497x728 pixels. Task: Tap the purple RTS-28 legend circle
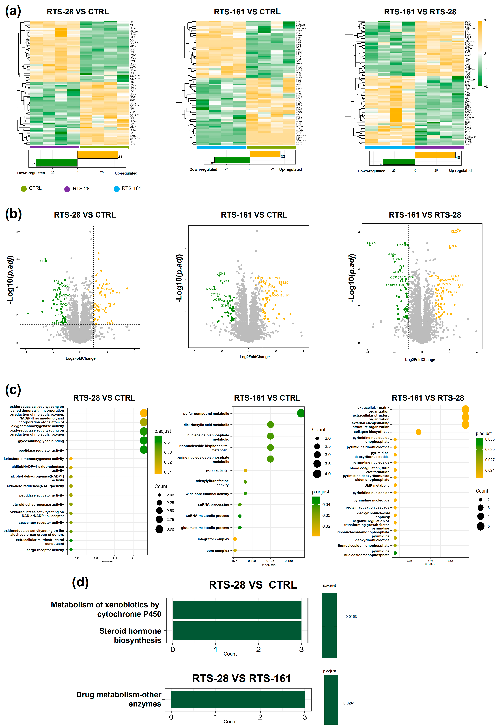(x=67, y=189)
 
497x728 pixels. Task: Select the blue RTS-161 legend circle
(x=116, y=189)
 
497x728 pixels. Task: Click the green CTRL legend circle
(x=24, y=189)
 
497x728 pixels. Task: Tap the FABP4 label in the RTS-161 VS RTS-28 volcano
(x=372, y=243)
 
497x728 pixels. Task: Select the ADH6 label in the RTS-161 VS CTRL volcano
(x=221, y=273)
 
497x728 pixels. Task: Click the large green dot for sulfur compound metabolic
(x=301, y=413)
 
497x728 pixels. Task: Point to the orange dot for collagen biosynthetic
(x=418, y=432)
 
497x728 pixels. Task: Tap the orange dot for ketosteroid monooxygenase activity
(x=71, y=459)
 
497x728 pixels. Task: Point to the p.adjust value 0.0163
(x=351, y=616)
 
